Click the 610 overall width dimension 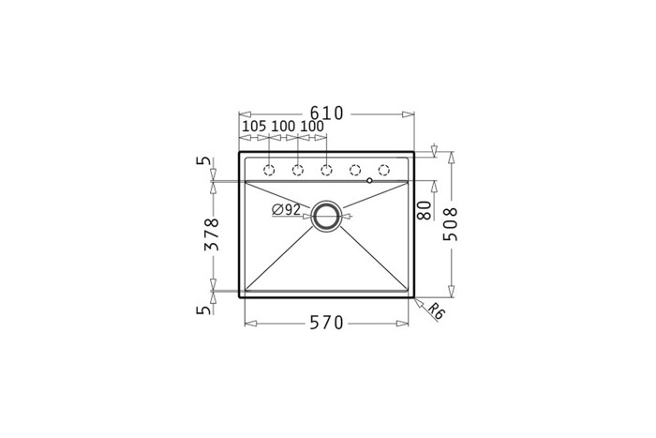click(x=326, y=113)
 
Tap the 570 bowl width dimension click(x=326, y=323)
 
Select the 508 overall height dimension click(x=451, y=224)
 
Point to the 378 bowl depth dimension click(x=212, y=234)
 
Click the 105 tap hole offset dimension click(x=254, y=126)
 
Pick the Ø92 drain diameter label click(x=286, y=209)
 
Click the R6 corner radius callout click(x=437, y=311)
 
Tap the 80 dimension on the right click(x=424, y=210)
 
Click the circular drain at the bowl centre click(x=327, y=216)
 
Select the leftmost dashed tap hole click(x=269, y=170)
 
